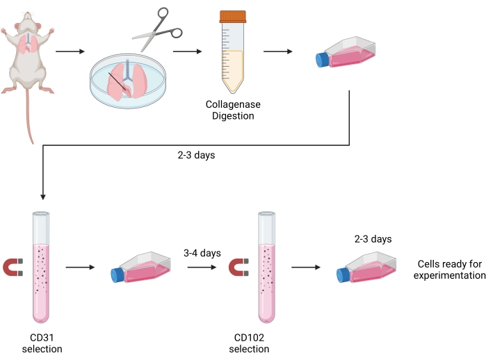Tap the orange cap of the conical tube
(232, 16)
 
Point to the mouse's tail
(29, 118)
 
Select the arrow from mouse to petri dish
(70, 51)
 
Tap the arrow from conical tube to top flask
(277, 51)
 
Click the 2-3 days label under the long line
(197, 155)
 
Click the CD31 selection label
(42, 343)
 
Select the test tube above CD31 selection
(42, 268)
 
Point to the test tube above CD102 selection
(265, 268)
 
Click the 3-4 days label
(202, 253)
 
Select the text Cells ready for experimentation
(449, 270)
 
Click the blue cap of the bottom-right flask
(343, 275)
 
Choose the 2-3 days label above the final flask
(373, 239)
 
